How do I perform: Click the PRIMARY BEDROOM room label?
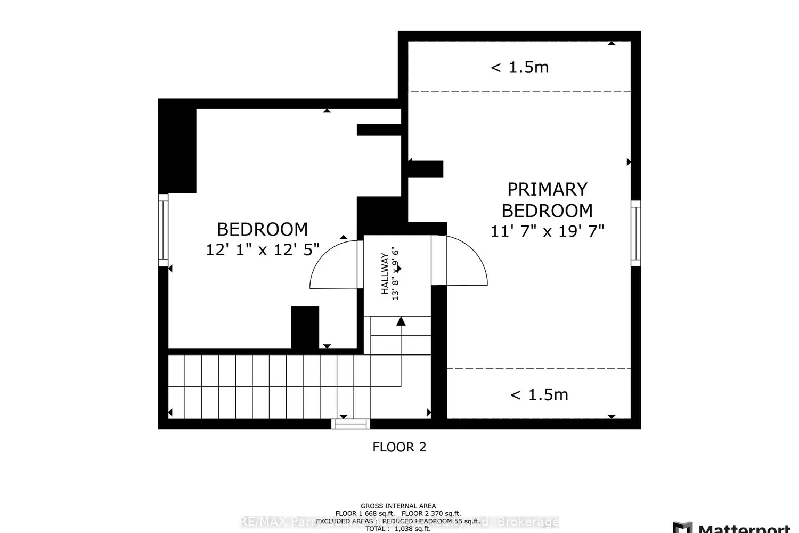click(547, 200)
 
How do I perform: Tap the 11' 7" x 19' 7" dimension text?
click(547, 231)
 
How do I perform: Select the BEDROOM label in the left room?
click(262, 229)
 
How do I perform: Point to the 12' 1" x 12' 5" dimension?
click(262, 249)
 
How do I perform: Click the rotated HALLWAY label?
click(385, 273)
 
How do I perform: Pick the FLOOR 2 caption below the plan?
click(399, 447)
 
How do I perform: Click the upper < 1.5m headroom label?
click(519, 68)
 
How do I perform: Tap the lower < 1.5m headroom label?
click(539, 395)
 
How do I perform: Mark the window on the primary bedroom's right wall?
click(635, 233)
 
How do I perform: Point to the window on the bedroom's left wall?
click(163, 230)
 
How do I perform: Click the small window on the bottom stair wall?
click(350, 424)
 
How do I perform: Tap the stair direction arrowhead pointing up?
click(401, 321)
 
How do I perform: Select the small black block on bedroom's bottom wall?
click(305, 327)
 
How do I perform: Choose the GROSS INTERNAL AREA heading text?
click(398, 506)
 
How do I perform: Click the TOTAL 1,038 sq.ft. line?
click(398, 529)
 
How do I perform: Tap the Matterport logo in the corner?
click(732, 528)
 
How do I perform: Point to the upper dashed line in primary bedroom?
click(520, 92)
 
